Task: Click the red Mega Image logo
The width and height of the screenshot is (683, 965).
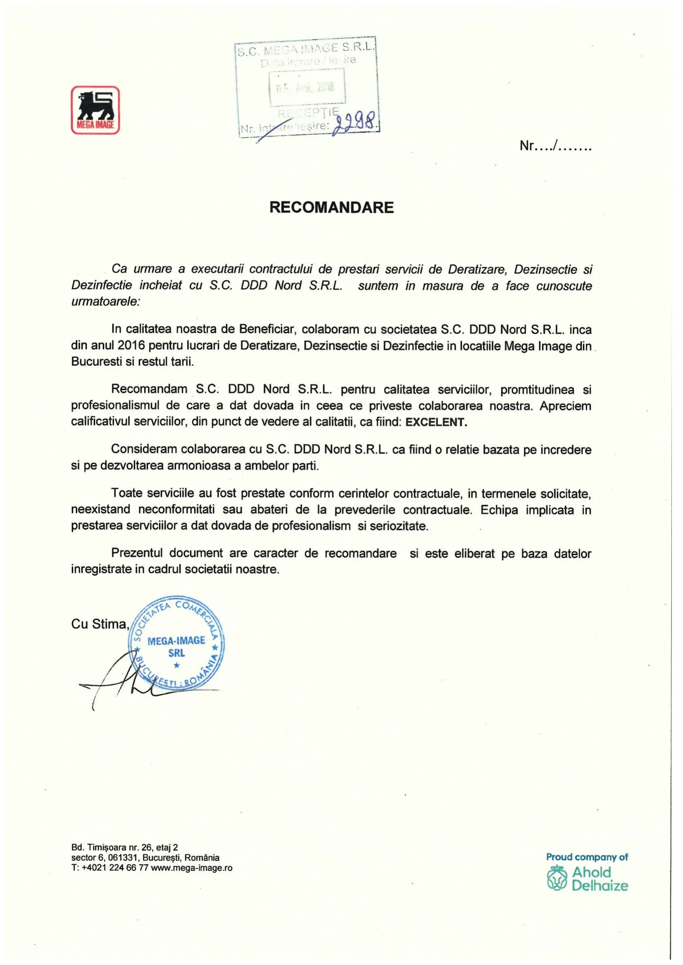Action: [95, 110]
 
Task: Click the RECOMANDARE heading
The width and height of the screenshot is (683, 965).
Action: [332, 207]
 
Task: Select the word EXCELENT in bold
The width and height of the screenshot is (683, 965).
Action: [436, 422]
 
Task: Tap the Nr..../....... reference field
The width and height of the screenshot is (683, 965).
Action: [555, 146]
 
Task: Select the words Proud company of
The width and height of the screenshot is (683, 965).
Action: [586, 856]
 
